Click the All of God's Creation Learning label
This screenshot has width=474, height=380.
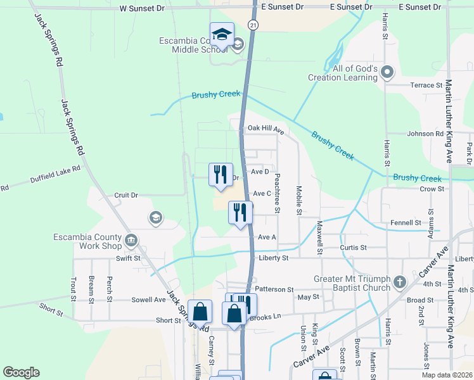tap(351, 73)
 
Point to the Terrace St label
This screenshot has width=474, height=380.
tap(426, 85)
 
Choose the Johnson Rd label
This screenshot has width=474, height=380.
tap(425, 134)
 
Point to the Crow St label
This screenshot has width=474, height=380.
tap(432, 189)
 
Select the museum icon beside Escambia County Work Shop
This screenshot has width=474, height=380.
tap(131, 239)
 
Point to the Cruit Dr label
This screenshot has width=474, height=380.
tap(125, 195)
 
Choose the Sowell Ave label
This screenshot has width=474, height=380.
tap(148, 300)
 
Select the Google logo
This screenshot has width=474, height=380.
tap(21, 372)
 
